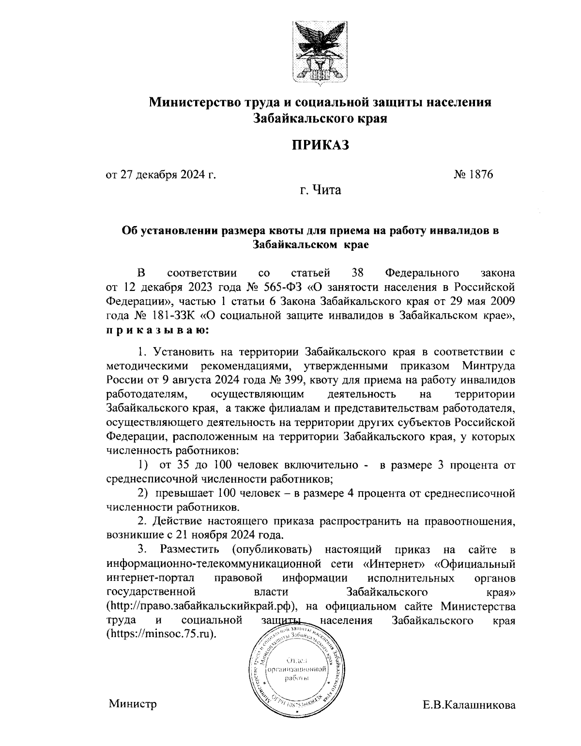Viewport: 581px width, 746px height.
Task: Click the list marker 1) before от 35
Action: click(142, 465)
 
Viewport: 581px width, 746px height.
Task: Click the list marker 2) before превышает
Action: click(142, 493)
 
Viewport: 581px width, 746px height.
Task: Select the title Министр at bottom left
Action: click(133, 703)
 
